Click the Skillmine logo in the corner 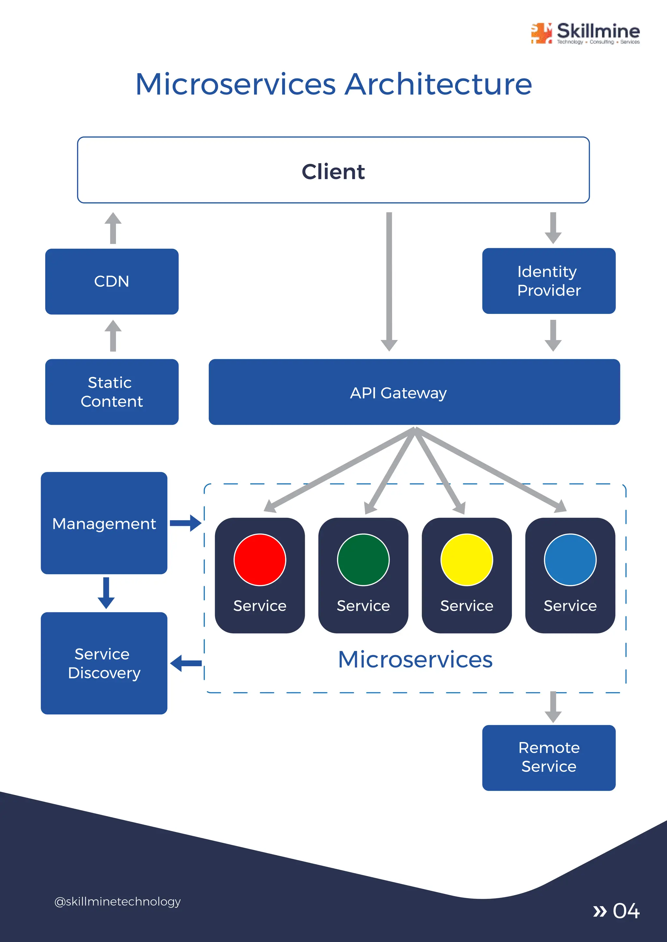[x=585, y=33]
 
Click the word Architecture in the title [x=438, y=85]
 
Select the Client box [x=333, y=170]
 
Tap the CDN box [x=112, y=282]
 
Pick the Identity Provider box [x=549, y=281]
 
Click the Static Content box [x=112, y=392]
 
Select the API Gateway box [x=414, y=392]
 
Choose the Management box [x=104, y=523]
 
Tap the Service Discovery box [x=104, y=663]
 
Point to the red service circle [x=260, y=560]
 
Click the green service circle [x=363, y=560]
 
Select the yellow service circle [x=467, y=560]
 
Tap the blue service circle [x=570, y=560]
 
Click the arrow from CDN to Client [x=113, y=228]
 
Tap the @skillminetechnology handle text [x=118, y=901]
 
